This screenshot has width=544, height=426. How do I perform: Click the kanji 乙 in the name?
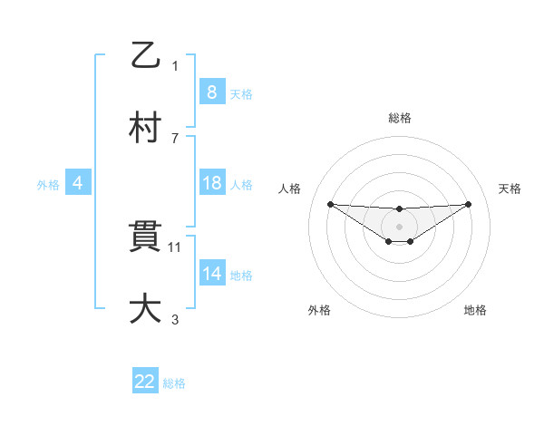146,55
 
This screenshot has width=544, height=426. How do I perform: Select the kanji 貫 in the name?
146,237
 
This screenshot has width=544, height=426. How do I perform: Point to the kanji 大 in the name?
146,308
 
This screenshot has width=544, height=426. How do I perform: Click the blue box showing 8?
211,92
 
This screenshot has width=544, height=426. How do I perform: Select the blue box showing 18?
211,183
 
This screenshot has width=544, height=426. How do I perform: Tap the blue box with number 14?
211,274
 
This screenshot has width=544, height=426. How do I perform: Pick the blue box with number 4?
77,183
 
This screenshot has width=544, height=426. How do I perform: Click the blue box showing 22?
145,382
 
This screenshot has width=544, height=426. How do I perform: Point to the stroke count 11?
176,247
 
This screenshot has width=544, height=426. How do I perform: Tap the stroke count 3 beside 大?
175,319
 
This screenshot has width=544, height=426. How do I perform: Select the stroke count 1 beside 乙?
175,65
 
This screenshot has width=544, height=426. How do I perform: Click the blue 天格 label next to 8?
240,94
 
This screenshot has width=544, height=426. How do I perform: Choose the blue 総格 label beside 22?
174,383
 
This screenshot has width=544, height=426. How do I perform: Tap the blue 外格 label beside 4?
48,185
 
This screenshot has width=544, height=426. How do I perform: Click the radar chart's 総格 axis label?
399,118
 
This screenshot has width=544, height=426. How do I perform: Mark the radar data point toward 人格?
330,204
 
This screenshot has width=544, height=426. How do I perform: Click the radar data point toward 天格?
468,204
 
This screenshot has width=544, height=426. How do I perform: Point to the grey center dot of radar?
399,226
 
